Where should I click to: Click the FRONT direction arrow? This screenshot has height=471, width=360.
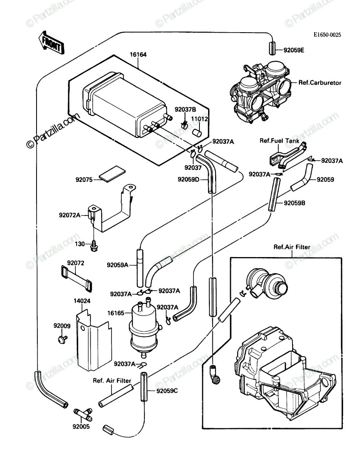51,43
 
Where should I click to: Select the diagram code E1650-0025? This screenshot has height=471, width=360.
327,35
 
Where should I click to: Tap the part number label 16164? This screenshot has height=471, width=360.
138,55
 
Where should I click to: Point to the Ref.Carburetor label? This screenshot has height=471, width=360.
320,82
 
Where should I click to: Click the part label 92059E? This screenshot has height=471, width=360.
294,50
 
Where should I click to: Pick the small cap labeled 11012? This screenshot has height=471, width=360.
196,133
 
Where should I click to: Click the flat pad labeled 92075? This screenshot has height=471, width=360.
112,174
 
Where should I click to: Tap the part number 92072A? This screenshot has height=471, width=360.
70,215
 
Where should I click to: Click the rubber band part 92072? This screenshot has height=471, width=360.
77,279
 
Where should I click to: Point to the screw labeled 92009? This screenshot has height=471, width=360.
63,340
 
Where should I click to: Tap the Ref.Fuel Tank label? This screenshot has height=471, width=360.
280,141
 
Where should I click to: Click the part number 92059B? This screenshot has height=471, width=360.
294,203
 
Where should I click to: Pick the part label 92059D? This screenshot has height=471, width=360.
188,179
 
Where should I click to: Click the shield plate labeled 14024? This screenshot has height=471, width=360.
94,340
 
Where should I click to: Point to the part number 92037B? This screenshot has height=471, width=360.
185,110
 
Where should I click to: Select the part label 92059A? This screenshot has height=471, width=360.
117,265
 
